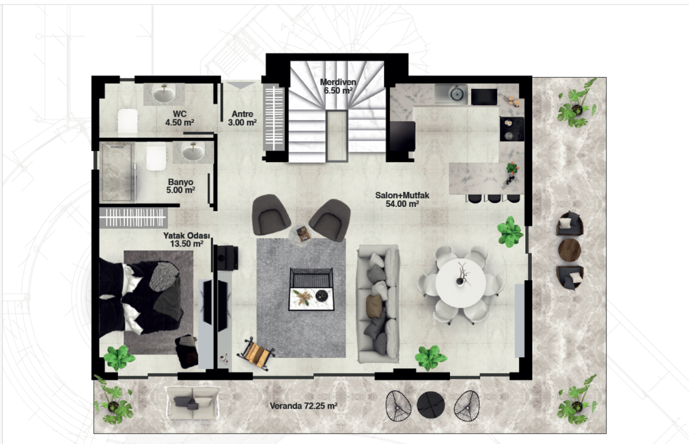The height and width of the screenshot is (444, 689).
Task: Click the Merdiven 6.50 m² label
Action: (x=338, y=86)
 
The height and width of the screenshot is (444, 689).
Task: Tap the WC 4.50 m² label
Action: (x=180, y=118)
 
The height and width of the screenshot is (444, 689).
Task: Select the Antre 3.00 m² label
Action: (x=242, y=118)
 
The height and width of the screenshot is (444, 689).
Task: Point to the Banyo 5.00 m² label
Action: (x=180, y=186)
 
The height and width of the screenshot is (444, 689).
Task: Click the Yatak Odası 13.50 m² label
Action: (x=187, y=240)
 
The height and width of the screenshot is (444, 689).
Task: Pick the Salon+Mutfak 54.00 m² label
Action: (x=402, y=199)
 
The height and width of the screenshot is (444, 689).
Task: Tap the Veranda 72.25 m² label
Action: (x=304, y=406)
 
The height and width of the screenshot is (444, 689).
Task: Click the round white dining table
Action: (x=460, y=283)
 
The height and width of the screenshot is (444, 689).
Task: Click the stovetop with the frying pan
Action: (x=512, y=129)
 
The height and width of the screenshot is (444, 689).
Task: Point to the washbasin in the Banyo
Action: (x=193, y=152)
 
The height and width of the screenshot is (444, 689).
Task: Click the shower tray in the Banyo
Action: (x=117, y=172)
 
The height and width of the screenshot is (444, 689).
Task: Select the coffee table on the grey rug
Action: (x=312, y=289)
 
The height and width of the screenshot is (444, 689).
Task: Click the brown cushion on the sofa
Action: (x=374, y=306)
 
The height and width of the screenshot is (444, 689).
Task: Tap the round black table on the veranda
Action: (x=431, y=405)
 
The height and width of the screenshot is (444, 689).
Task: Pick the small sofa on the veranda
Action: (x=192, y=403)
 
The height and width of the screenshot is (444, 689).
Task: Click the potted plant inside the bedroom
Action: (x=119, y=357)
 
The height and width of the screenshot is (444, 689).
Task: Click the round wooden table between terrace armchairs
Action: (x=570, y=249)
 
